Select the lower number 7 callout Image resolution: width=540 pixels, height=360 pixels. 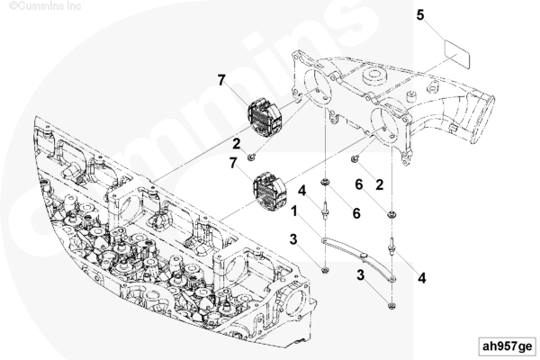(x=233, y=163)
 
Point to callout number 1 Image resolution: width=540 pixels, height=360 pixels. (x=294, y=211)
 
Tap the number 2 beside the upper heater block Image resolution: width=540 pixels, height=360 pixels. (x=237, y=143)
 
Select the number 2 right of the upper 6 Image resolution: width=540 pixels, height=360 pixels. (x=380, y=184)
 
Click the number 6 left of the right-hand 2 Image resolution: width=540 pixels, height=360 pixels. (x=357, y=184)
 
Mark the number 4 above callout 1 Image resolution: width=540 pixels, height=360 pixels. (x=303, y=191)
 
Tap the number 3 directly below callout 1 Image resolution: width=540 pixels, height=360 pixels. (x=292, y=239)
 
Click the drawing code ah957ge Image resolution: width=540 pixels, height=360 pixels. (x=507, y=345)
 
